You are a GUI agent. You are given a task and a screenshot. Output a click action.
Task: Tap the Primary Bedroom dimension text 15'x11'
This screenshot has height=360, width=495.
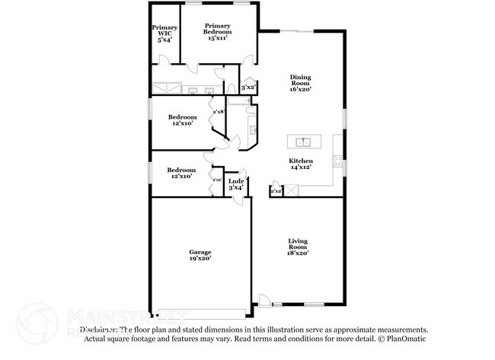[216, 37]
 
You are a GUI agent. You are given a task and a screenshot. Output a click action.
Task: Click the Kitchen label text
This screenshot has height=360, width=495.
[301, 161]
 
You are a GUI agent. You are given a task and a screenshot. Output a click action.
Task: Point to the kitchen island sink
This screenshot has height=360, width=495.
[303, 142]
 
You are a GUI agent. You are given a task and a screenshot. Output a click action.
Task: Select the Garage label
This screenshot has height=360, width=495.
[200, 252]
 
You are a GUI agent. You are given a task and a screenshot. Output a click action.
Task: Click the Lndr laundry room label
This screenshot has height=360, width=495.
[235, 180]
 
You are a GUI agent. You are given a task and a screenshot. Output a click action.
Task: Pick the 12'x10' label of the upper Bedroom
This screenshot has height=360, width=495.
[183, 123]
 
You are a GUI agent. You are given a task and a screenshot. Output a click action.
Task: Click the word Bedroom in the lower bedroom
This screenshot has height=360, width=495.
[182, 170]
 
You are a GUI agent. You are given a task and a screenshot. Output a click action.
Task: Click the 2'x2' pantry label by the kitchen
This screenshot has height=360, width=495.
[276, 192]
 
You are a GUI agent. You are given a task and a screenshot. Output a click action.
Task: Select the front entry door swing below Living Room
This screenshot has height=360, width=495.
[263, 301]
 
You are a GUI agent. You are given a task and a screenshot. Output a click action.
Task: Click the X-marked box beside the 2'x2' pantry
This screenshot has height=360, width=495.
[276, 186]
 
